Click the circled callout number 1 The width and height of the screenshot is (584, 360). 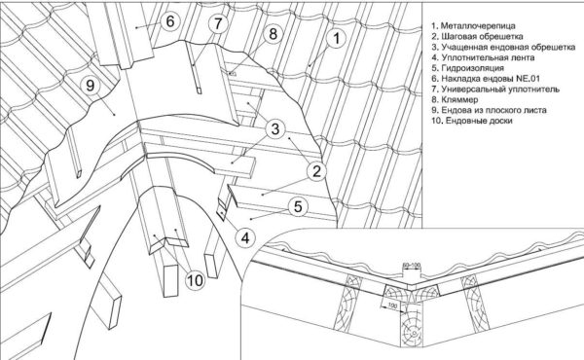[x=336, y=38]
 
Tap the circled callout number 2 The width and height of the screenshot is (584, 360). [x=316, y=171]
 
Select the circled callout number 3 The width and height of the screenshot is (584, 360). [x=275, y=129]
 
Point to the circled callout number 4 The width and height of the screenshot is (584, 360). [x=245, y=237]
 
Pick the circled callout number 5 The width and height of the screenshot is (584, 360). [x=298, y=206]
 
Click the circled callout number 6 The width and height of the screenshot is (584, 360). [x=169, y=20]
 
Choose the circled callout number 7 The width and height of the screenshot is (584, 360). [x=217, y=23]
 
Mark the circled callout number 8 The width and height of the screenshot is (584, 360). [x=273, y=34]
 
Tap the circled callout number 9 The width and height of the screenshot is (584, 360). [x=91, y=86]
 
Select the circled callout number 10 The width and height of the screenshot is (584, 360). [x=196, y=279]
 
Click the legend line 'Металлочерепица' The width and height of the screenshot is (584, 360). [x=474, y=25]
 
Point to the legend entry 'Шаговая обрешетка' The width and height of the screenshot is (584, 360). [x=478, y=36]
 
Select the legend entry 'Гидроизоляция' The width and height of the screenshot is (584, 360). [x=468, y=68]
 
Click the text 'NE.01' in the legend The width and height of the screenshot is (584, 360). [x=528, y=79]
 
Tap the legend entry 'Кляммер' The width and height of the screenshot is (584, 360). [x=456, y=99]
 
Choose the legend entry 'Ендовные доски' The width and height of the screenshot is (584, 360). [x=472, y=121]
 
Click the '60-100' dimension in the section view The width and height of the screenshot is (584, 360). [x=412, y=265]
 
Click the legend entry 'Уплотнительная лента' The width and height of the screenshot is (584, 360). [x=484, y=57]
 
